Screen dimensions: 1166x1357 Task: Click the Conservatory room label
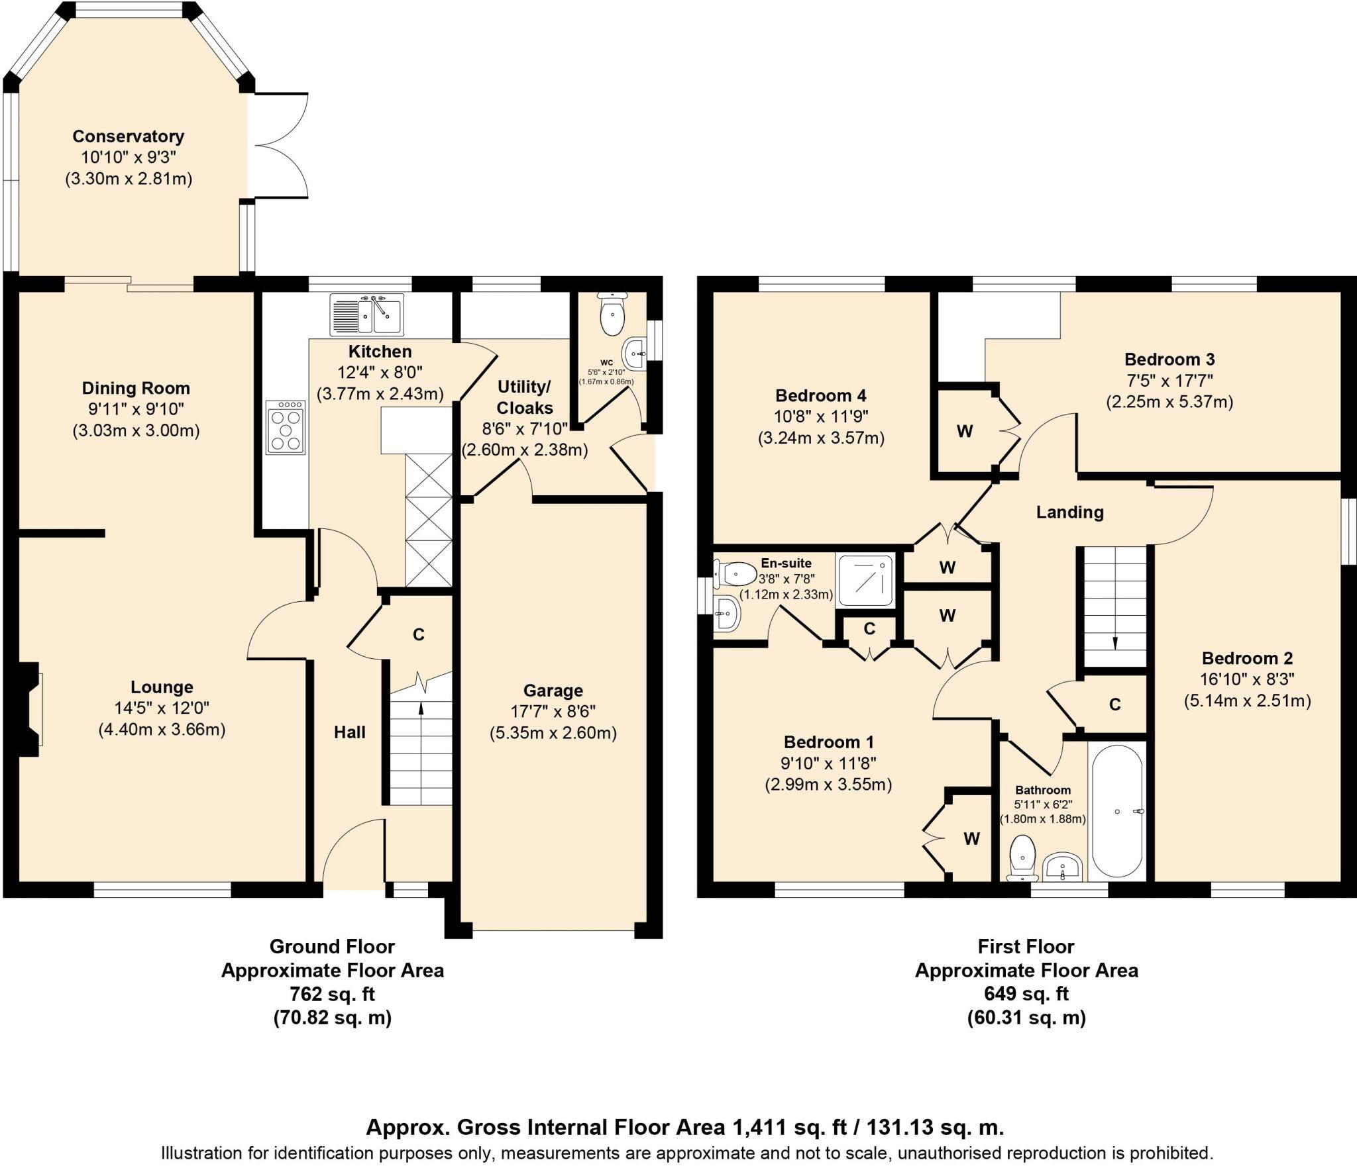(x=128, y=136)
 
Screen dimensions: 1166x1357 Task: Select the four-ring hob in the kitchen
(x=286, y=427)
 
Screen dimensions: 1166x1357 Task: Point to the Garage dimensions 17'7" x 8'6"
(x=553, y=712)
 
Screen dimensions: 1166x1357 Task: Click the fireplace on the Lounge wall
(x=30, y=709)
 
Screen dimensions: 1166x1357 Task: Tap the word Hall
(x=349, y=732)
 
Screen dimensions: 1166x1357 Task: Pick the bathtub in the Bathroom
(x=1116, y=810)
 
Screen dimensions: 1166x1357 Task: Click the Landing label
(x=1069, y=512)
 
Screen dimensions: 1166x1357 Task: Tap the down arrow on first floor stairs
(x=1114, y=643)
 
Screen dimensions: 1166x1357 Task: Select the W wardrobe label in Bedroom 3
(x=964, y=432)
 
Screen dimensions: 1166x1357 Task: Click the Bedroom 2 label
(x=1247, y=658)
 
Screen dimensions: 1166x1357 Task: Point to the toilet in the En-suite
(x=735, y=573)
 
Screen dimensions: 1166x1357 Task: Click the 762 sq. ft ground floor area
(x=332, y=994)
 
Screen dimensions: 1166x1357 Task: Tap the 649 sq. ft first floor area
(x=1026, y=994)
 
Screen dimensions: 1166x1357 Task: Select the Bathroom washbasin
(x=1062, y=867)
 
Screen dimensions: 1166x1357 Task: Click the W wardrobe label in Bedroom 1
(x=971, y=839)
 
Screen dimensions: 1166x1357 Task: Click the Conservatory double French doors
(x=280, y=146)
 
